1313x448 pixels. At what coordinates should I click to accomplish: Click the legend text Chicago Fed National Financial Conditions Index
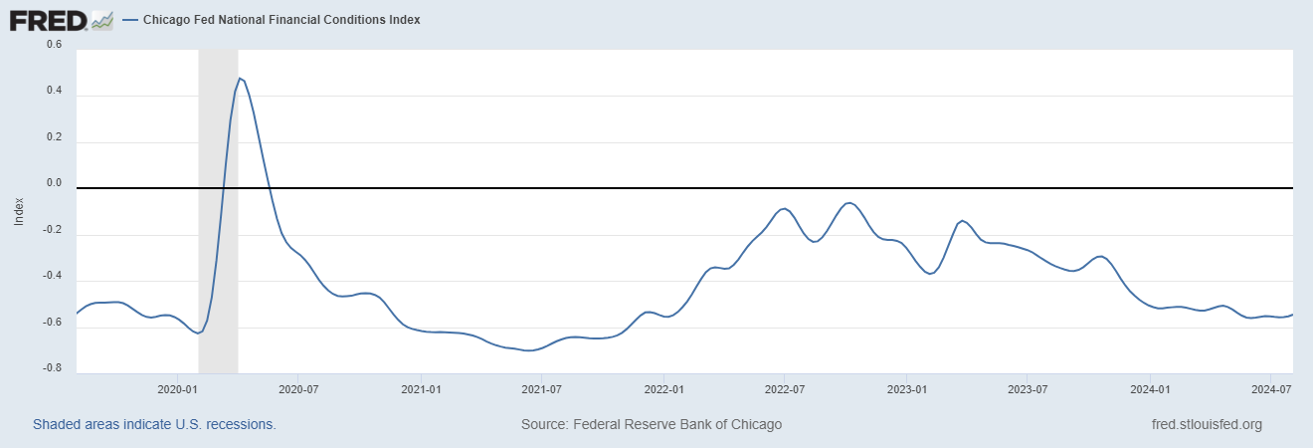(281, 20)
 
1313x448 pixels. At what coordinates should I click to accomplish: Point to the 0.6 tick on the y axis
(53, 45)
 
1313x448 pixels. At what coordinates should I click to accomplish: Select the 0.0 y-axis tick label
(53, 183)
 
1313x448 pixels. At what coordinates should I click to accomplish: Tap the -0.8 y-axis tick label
(51, 368)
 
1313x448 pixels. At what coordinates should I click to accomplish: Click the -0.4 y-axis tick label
(51, 276)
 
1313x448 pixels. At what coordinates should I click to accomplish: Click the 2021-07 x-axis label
(541, 388)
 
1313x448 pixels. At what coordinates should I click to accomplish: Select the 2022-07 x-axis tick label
(784, 388)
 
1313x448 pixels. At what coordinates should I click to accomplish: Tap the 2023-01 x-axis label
(907, 388)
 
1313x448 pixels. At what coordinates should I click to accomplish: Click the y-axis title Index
(18, 210)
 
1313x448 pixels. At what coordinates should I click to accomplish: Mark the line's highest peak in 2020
(240, 78)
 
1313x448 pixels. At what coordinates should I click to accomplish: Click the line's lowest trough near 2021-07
(530, 350)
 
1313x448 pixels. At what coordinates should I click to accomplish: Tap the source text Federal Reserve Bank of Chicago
(652, 424)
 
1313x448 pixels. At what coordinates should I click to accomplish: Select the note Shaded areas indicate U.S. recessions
(154, 424)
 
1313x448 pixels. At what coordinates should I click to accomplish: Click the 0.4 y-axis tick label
(53, 91)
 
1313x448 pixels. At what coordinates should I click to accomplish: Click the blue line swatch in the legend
(130, 20)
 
